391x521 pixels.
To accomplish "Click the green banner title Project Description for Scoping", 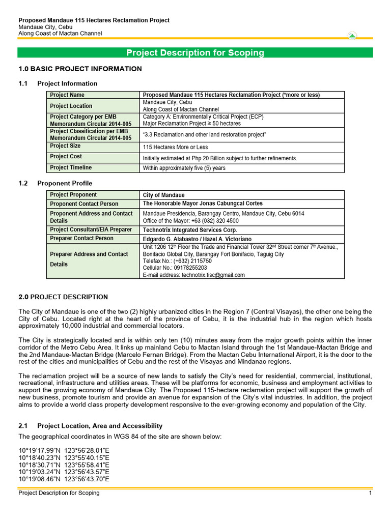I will point(195,53).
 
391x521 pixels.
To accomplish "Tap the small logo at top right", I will point(352,36).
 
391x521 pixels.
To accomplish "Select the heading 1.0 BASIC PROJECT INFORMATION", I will point(80,69).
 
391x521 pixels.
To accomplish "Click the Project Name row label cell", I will point(67,95).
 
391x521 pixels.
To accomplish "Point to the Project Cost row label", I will point(66,157).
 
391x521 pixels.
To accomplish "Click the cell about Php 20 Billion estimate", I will point(220,158).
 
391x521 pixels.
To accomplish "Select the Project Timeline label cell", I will point(71,167).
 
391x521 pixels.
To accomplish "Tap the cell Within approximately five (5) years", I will point(184,168).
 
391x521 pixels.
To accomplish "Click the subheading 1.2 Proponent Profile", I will point(55,183).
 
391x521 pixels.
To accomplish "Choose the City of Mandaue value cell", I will point(163,195).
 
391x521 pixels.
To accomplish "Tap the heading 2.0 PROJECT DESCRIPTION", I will point(63,297).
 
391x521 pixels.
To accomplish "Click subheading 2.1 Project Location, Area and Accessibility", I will point(90,426).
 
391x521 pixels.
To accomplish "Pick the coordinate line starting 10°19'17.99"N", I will point(64,451).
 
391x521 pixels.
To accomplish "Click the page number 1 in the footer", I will point(371,493).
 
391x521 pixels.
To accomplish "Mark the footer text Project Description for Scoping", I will point(59,493).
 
